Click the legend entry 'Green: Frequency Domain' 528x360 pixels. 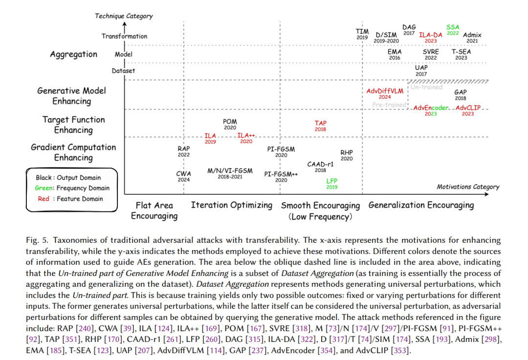pos(72,188)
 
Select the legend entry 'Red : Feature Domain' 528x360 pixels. pos(70,199)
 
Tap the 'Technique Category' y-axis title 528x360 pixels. pos(124,16)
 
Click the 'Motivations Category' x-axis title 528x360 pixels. pos(468,187)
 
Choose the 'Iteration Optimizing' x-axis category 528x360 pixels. pos(231,205)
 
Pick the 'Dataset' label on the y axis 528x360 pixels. pos(124,71)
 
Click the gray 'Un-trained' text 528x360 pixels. pos(426,87)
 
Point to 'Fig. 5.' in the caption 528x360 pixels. pos(38,240)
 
